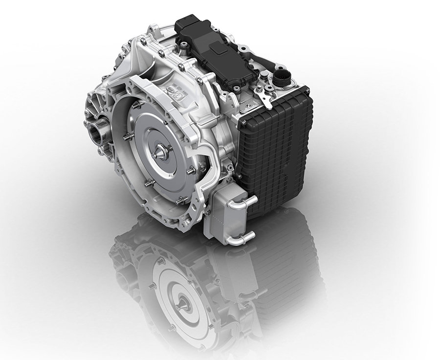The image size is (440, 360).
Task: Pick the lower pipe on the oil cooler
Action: [x=243, y=238]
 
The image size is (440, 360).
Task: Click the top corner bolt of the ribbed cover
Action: [x=307, y=90]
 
